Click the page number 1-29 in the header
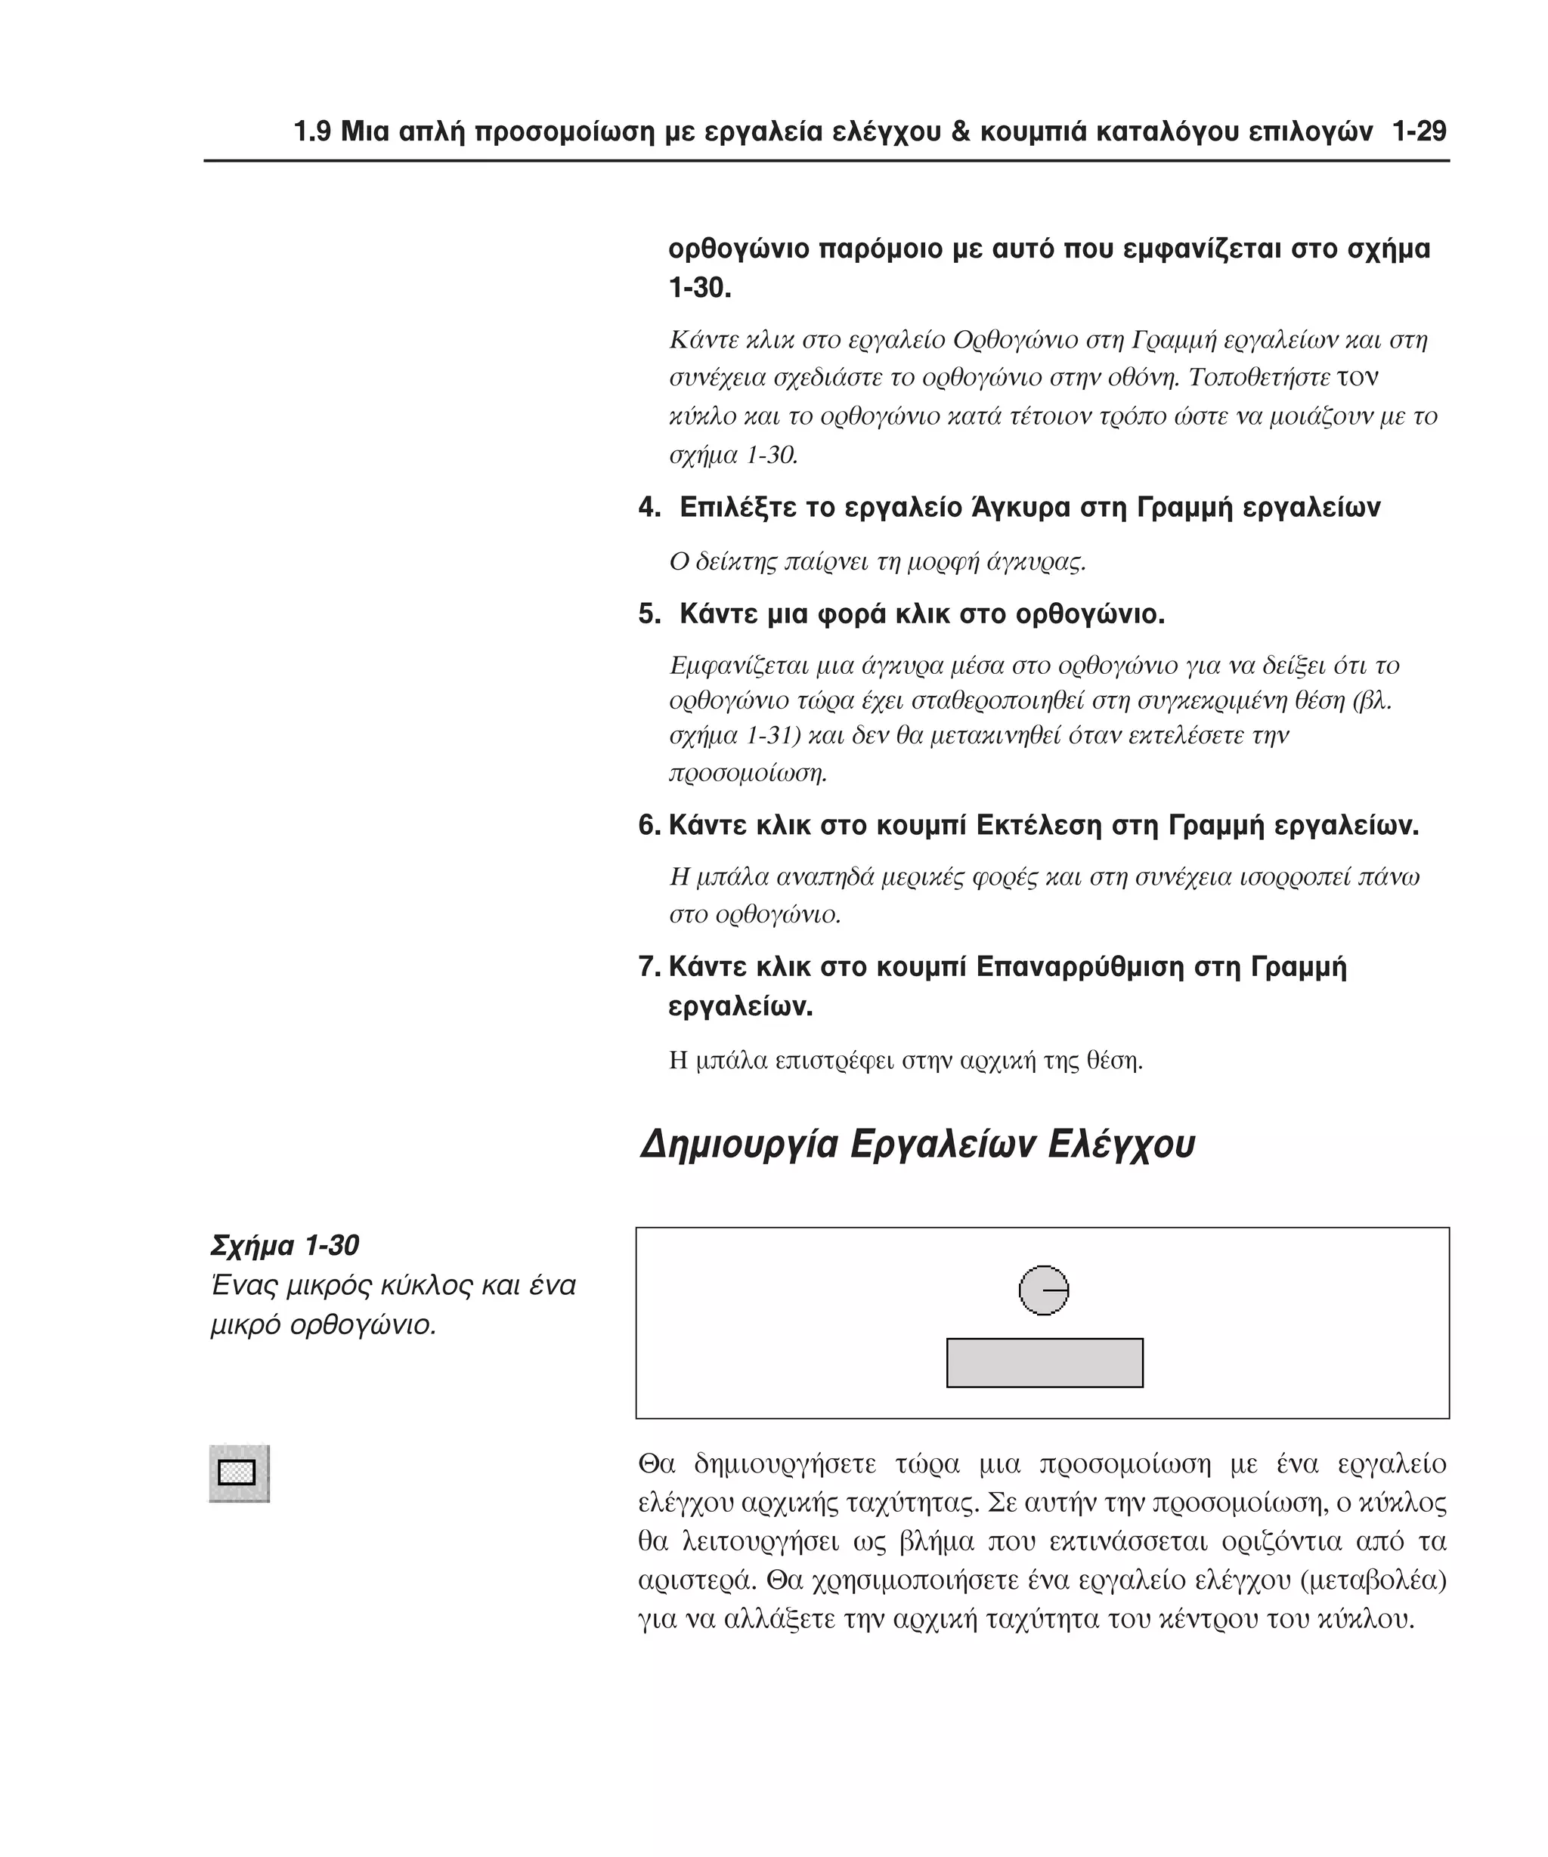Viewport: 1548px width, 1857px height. point(1418,133)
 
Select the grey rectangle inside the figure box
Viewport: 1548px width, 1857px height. point(1044,1363)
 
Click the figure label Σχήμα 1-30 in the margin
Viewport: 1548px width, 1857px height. point(285,1246)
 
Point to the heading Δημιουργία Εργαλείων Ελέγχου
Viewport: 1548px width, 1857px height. point(916,1145)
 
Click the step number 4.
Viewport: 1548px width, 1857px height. point(648,508)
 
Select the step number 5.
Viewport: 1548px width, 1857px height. point(648,614)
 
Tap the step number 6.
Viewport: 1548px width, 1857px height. point(648,827)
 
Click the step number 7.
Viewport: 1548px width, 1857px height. point(648,968)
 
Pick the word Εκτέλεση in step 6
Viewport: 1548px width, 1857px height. point(1039,826)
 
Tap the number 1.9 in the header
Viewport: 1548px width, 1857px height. point(312,133)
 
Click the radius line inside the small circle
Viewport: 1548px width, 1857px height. point(1055,1290)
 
